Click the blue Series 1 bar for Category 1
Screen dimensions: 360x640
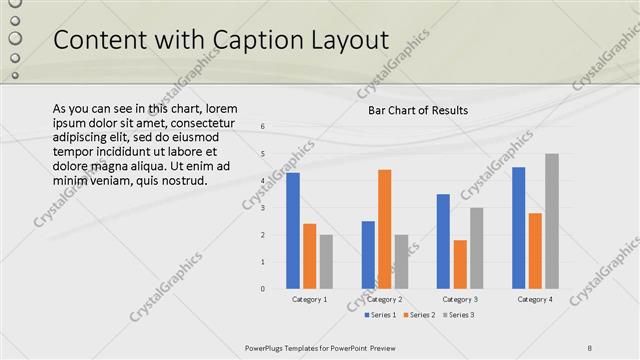pyautogui.click(x=293, y=231)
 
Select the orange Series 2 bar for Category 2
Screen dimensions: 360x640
pyautogui.click(x=385, y=229)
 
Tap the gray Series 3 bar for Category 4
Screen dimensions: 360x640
pyautogui.click(x=552, y=221)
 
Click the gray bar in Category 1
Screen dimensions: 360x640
pyautogui.click(x=326, y=261)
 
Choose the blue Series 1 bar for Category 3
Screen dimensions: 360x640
pyautogui.click(x=443, y=241)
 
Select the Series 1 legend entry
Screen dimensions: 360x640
pyautogui.click(x=380, y=315)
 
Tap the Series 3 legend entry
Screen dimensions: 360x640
pyautogui.click(x=458, y=315)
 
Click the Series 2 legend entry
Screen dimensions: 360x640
pyautogui.click(x=419, y=315)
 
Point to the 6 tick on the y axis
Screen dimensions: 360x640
pyautogui.click(x=262, y=127)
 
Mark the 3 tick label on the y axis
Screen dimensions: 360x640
pyautogui.click(x=262, y=208)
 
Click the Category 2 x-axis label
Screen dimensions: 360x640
pyautogui.click(x=385, y=299)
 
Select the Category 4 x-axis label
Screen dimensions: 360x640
pyautogui.click(x=535, y=299)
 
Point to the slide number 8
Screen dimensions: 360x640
pyautogui.click(x=590, y=347)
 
